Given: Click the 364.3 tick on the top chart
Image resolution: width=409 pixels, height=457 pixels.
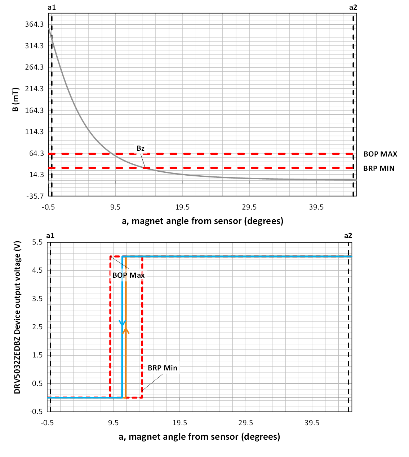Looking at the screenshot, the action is pyautogui.click(x=34, y=24).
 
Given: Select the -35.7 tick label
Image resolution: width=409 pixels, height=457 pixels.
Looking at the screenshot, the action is pyautogui.click(x=34, y=196).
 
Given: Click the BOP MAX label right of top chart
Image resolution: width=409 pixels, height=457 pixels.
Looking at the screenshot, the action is pyautogui.click(x=380, y=154).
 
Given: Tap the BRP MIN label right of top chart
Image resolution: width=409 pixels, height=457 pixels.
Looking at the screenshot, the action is pyautogui.click(x=379, y=168).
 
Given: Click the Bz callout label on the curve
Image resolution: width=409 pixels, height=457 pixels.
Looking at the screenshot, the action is pyautogui.click(x=141, y=148).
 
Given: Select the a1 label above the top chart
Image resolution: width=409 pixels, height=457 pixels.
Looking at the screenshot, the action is pyautogui.click(x=52, y=7).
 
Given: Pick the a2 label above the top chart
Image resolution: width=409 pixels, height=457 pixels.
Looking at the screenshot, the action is pyautogui.click(x=353, y=7).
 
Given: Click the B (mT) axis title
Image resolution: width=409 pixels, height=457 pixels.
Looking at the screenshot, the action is pyautogui.click(x=15, y=99).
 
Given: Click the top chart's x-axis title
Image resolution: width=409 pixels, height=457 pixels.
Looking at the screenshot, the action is pyautogui.click(x=203, y=221).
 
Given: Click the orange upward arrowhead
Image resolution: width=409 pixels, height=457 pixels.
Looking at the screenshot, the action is pyautogui.click(x=126, y=330).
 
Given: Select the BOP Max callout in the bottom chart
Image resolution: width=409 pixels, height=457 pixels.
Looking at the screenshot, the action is pyautogui.click(x=128, y=275).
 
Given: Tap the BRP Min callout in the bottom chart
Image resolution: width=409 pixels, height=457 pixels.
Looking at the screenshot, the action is pyautogui.click(x=163, y=368).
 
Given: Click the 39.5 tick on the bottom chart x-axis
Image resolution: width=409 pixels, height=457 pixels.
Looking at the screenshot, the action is pyautogui.click(x=312, y=423).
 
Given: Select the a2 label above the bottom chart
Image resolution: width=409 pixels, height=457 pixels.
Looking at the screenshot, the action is pyautogui.click(x=348, y=236).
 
